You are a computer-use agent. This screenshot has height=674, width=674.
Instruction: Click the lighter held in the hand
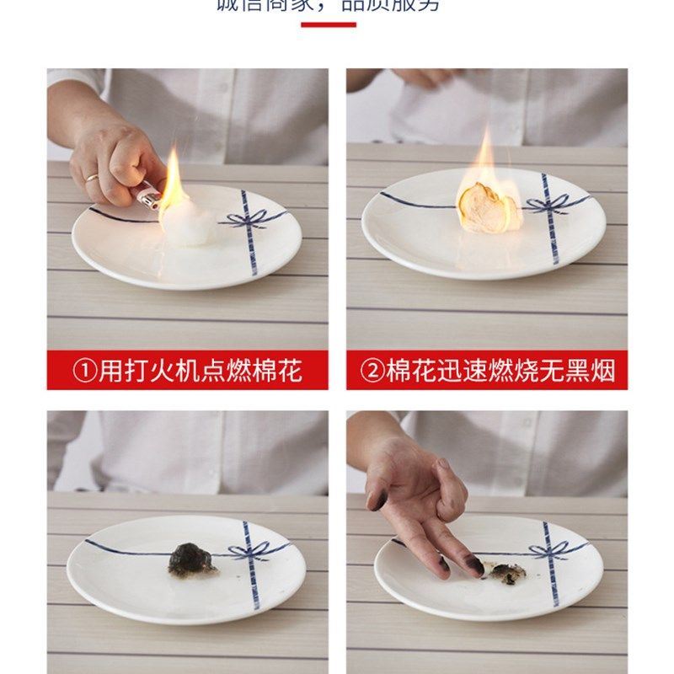click(x=148, y=197)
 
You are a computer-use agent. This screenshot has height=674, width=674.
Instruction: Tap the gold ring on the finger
click(x=91, y=178)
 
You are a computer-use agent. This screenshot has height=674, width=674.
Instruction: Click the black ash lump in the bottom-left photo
click(x=189, y=559)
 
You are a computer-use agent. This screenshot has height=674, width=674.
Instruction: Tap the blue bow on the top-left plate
click(x=246, y=221)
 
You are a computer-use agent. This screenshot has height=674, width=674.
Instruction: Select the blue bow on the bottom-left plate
click(x=248, y=552)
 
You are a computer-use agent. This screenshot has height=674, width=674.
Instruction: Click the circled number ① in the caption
click(x=85, y=371)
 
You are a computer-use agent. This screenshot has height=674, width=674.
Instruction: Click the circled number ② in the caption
click(x=372, y=371)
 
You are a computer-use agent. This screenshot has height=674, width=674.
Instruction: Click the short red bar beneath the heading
click(x=329, y=24)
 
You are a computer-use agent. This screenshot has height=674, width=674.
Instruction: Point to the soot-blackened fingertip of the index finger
click(x=475, y=565)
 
